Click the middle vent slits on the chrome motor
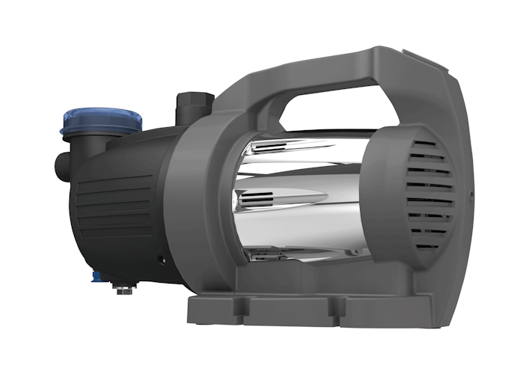point(258,199)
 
